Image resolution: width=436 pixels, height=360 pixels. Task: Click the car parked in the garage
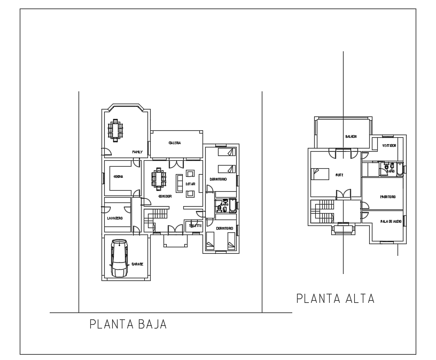119,259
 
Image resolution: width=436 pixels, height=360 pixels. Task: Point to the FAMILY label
137,152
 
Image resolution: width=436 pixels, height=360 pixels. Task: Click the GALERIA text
175,143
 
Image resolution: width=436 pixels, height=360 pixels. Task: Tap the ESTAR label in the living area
190,184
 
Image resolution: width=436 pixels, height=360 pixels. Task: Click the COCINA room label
118,176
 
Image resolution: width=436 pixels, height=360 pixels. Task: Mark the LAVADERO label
115,218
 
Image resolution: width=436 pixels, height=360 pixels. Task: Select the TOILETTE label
195,225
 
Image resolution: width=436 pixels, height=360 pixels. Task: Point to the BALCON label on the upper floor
351,136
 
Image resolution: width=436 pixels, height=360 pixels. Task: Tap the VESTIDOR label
388,145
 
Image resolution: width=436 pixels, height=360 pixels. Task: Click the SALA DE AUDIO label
391,221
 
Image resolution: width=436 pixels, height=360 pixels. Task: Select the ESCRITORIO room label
388,197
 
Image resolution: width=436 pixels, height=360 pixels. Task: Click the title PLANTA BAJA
128,324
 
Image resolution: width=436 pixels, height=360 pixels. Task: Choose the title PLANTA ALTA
335,299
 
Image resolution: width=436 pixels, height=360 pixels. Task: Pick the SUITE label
339,175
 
